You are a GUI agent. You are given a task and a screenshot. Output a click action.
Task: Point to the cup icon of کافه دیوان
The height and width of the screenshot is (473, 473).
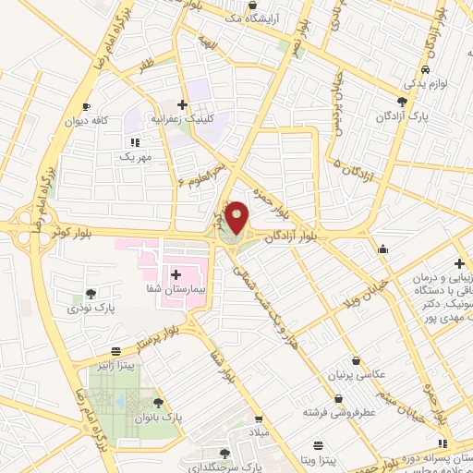click(x=86, y=106)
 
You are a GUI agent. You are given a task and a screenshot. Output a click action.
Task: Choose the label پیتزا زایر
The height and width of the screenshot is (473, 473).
click(x=114, y=367)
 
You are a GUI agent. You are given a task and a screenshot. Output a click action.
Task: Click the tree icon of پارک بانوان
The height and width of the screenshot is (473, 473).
click(x=158, y=403)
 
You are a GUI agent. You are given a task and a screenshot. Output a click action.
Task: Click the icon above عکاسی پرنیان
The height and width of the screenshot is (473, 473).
click(x=356, y=361)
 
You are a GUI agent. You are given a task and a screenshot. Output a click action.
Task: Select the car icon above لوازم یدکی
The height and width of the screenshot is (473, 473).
click(x=424, y=71)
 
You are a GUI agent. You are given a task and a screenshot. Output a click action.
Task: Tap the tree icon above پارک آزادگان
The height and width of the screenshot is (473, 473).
click(x=400, y=101)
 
